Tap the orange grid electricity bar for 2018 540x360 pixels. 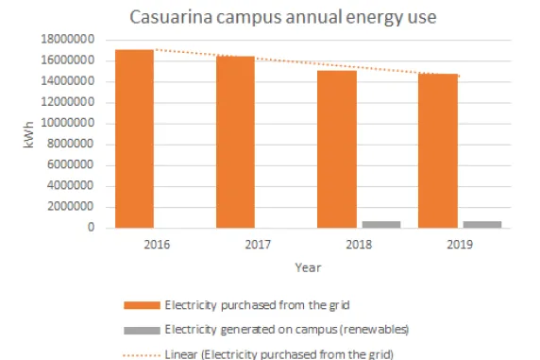point(336,149)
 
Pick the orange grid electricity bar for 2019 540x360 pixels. point(437,151)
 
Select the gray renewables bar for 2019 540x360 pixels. point(481,224)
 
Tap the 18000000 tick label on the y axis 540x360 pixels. point(69,41)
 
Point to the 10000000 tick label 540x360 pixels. point(69,124)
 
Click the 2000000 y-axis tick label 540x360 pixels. point(72,207)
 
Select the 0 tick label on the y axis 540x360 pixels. point(93,228)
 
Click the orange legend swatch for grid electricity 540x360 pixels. point(141,304)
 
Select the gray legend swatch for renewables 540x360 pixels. point(141,329)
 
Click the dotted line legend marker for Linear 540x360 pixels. point(141,353)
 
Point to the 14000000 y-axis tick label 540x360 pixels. point(69,82)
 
